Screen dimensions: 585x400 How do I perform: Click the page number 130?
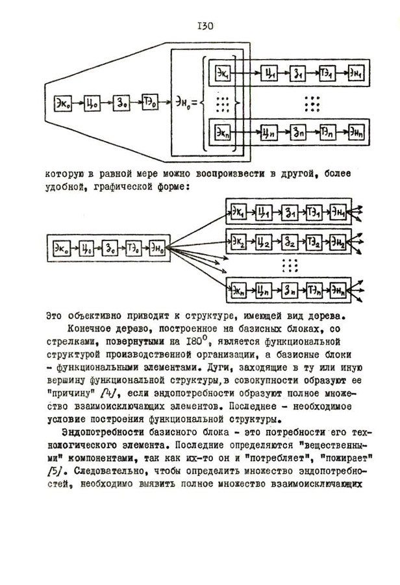pos(201,26)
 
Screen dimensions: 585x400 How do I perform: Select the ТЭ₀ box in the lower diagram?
pos(134,247)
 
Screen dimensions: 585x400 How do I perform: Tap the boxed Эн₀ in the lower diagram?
pos(158,247)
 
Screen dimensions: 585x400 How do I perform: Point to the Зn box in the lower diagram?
pos(289,286)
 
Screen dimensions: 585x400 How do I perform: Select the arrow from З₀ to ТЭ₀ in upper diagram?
pos(136,102)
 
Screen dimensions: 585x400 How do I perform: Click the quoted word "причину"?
pos(69,393)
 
